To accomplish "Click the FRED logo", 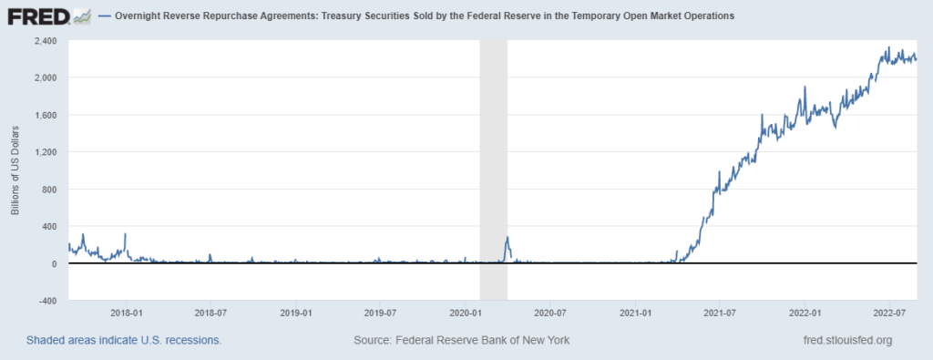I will [x=47, y=16].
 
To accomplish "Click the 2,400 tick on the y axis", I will [x=46, y=41].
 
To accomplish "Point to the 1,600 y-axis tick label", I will [x=46, y=115].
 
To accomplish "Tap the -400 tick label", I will [x=48, y=301].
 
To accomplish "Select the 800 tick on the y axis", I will [x=51, y=190].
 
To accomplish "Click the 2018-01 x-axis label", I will [x=126, y=312].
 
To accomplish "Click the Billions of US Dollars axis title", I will [x=15, y=170].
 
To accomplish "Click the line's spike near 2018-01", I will [x=125, y=234].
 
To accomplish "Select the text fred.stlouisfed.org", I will [x=844, y=340].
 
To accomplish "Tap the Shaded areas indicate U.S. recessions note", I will [x=124, y=340].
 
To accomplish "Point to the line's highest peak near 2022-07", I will [x=889, y=47].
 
